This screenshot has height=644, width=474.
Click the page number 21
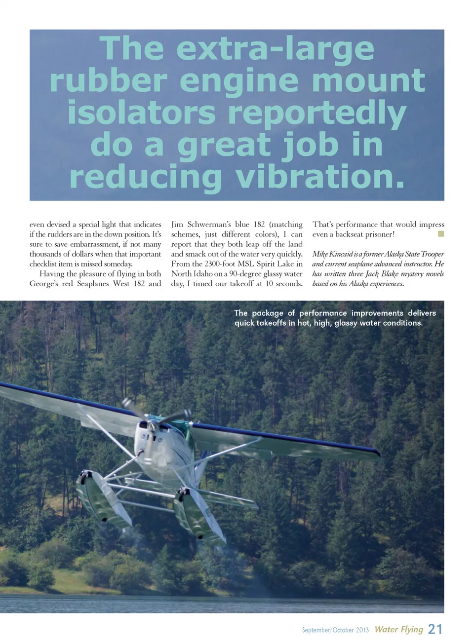(x=435, y=629)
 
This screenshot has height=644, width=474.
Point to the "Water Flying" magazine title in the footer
(x=398, y=629)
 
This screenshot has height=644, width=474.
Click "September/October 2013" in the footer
(x=335, y=630)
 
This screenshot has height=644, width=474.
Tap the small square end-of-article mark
(x=441, y=234)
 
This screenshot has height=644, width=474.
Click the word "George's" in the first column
(x=43, y=284)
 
